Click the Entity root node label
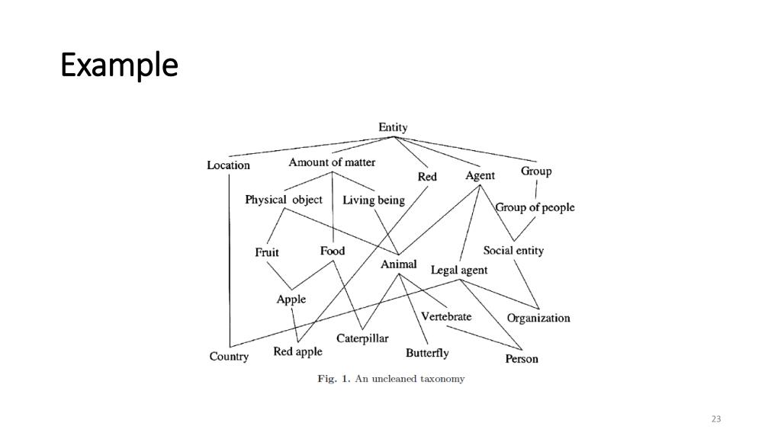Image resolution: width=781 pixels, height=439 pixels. click(393, 127)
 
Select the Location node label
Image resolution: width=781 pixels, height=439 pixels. click(228, 165)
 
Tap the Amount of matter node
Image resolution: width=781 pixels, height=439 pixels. click(332, 162)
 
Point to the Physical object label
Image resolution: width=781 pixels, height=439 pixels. click(284, 200)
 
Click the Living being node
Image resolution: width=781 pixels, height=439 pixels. click(374, 200)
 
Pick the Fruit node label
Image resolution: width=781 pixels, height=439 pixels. click(267, 252)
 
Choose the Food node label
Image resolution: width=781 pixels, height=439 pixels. click(333, 251)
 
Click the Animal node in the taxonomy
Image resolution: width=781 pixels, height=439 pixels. click(399, 264)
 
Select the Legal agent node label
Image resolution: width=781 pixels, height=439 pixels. click(459, 270)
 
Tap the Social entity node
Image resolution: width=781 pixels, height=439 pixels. click(513, 251)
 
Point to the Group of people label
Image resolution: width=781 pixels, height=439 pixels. click(535, 207)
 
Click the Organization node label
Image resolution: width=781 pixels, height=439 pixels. click(538, 318)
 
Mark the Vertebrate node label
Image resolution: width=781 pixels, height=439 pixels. click(446, 316)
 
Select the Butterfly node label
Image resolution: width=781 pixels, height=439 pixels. click(427, 353)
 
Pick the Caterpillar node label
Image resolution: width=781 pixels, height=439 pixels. click(362, 338)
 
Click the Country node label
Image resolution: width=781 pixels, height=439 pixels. click(229, 357)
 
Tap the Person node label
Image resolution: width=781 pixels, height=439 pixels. click(522, 359)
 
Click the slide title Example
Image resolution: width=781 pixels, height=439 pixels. click(119, 66)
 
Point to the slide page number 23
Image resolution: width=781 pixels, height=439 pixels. click(715, 419)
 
